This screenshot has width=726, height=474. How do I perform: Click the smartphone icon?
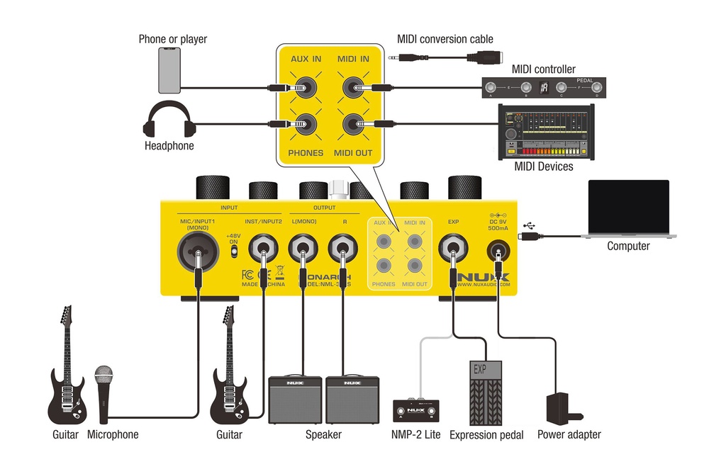point(169,70)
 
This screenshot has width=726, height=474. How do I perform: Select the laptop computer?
point(628,208)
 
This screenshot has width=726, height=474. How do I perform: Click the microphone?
point(104,394)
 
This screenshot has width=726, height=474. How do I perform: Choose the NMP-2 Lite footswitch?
point(416,412)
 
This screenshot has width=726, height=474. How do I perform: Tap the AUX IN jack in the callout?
point(305,89)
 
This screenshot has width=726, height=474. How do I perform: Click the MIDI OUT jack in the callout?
point(353,125)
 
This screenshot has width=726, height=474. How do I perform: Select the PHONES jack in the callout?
point(306,125)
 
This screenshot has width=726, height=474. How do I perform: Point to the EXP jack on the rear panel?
point(452,251)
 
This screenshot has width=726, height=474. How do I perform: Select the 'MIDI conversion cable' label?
point(445,39)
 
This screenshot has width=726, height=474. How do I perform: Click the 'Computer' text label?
point(628,247)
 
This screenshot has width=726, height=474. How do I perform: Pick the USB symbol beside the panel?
point(532,227)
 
